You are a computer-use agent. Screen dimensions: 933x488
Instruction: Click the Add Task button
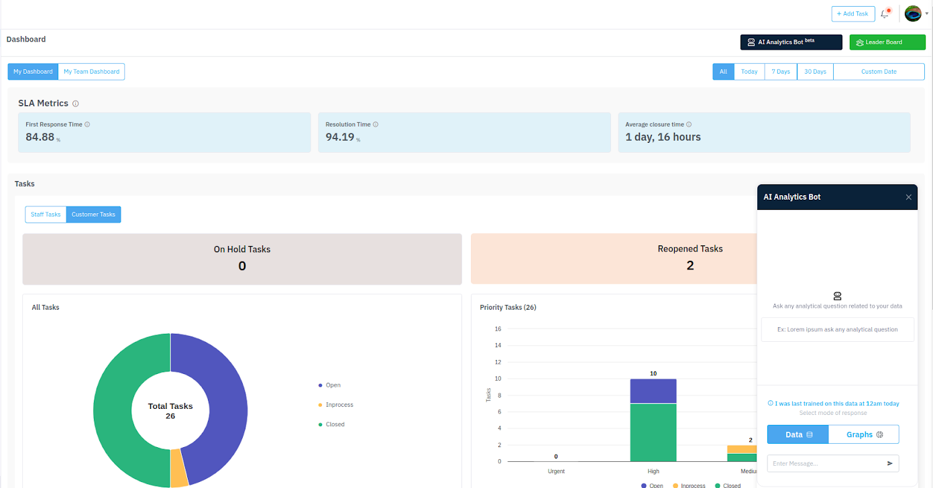tap(853, 13)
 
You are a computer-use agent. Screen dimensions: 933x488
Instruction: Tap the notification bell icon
tap(885, 14)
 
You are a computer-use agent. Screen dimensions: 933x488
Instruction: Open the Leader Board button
tap(887, 42)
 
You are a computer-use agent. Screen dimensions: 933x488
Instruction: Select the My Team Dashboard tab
tap(91, 72)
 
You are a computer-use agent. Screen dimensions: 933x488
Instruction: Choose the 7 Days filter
tap(781, 72)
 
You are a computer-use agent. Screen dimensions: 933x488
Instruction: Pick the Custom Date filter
tap(879, 72)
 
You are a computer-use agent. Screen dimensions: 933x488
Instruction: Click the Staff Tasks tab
tap(46, 215)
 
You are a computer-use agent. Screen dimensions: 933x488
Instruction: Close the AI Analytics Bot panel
tap(908, 197)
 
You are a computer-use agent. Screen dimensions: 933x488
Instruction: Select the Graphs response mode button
tap(864, 434)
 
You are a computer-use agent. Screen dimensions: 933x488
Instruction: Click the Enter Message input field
tap(825, 463)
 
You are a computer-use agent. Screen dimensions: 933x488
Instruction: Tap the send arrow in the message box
tap(889, 463)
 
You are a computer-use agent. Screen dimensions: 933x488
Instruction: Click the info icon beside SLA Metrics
tap(75, 104)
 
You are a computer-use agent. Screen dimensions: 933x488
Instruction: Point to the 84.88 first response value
tap(40, 137)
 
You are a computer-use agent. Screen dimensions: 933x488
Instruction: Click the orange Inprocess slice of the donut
tap(179, 468)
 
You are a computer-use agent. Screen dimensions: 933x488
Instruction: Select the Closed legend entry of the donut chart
tap(331, 424)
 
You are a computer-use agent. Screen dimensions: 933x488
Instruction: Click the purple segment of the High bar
tap(653, 391)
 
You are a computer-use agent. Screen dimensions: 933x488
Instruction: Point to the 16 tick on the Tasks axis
tap(498, 329)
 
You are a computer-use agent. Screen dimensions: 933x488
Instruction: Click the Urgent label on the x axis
tap(556, 471)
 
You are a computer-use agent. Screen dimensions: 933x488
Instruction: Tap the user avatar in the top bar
tap(913, 13)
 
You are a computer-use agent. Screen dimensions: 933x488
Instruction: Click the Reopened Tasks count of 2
tap(690, 265)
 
